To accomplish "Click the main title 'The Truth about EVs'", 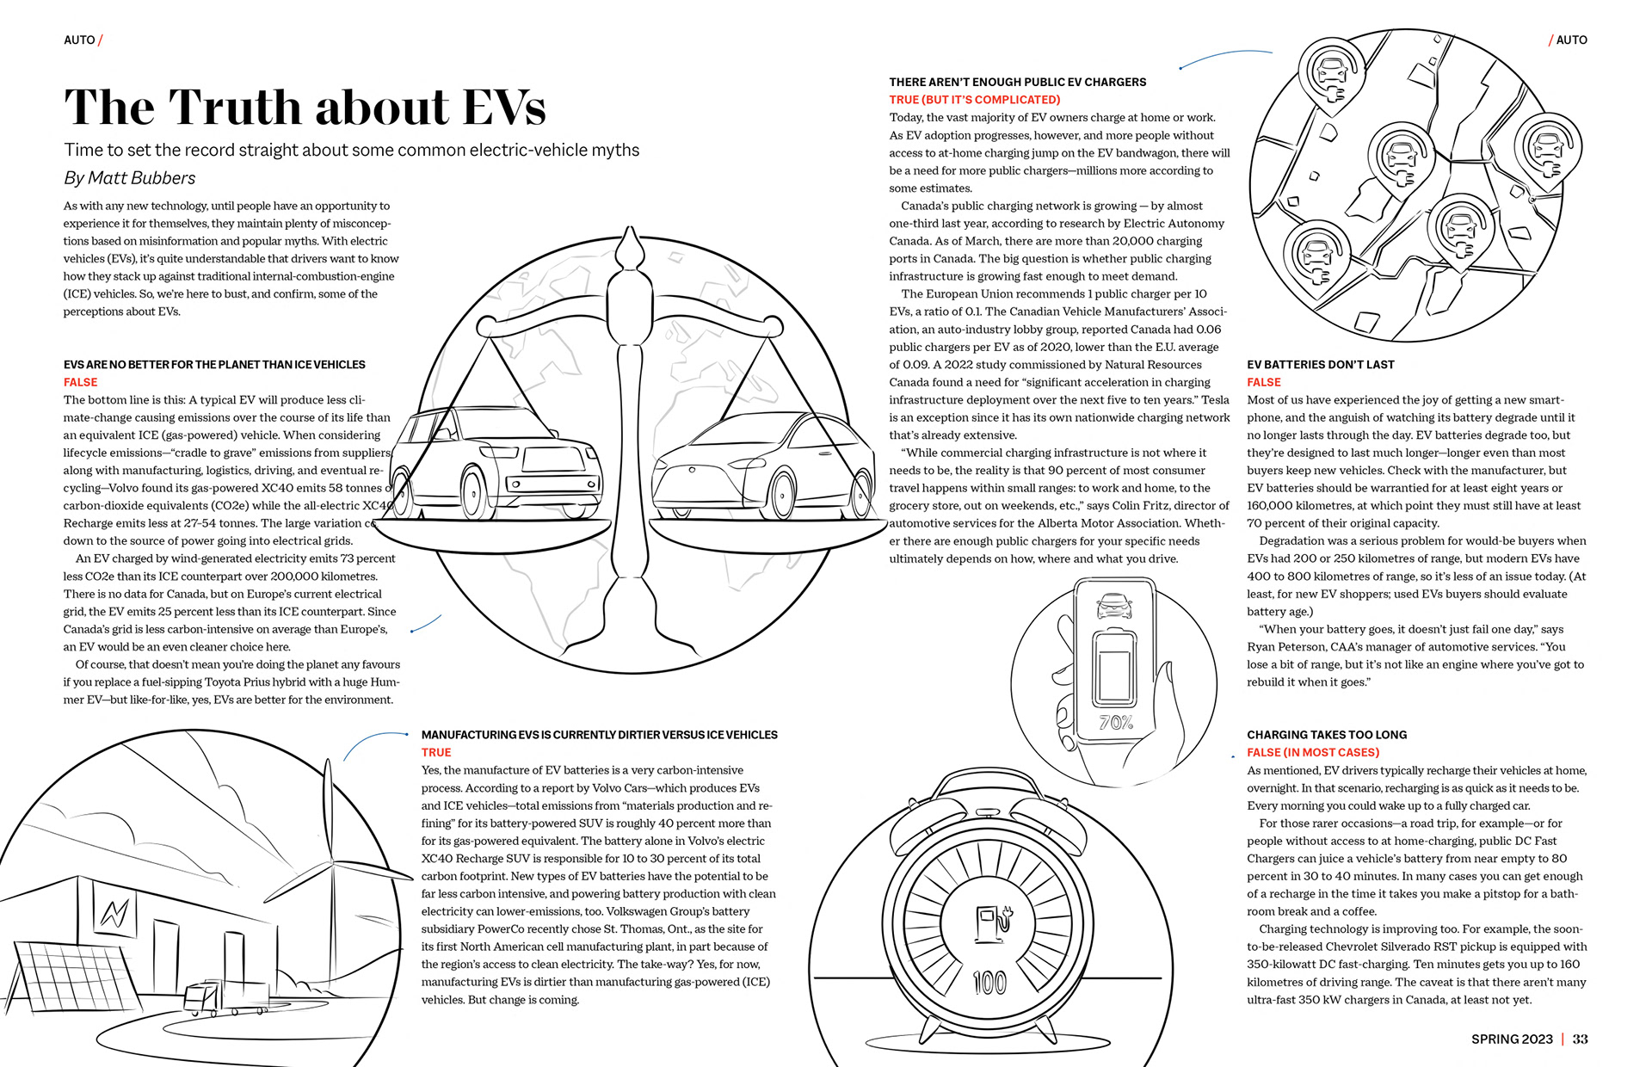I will point(305,107).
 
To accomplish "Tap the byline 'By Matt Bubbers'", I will point(129,178).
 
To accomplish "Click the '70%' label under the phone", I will point(1116,723).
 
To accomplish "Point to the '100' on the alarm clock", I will point(989,982).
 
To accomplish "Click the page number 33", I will point(1580,1039).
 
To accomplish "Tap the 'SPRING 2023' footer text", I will point(1511,1039).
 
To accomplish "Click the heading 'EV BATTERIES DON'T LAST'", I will point(1320,365).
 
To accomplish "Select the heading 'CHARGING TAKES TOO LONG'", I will point(1327,735).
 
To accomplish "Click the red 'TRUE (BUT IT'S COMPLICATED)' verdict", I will point(974,100).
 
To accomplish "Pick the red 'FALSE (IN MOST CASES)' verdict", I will point(1313,752).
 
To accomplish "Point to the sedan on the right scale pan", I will point(762,470).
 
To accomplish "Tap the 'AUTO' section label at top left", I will point(79,40).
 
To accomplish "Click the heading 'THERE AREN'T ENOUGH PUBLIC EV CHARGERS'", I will point(1017,82).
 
